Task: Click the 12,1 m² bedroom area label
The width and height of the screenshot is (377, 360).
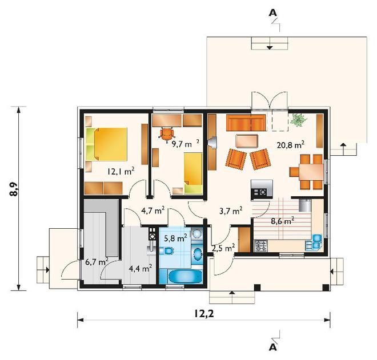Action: coord(121,172)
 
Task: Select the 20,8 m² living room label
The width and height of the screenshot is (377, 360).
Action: coord(290,145)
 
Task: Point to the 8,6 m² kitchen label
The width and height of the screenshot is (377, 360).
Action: coord(283,221)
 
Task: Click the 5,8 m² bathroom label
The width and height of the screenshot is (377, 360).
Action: coord(175,238)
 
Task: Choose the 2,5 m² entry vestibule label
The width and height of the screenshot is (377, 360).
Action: coord(223,248)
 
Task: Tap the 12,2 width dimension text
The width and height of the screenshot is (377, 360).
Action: coord(204,314)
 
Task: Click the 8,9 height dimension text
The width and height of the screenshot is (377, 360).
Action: coord(14,189)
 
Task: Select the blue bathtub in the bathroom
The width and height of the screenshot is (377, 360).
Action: coord(185,277)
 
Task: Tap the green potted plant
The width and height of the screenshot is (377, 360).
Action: coord(298,119)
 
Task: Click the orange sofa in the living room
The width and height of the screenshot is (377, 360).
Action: coord(246,123)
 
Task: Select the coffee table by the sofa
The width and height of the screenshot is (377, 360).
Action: coord(247,141)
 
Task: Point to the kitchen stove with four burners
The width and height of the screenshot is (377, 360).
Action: coord(261,246)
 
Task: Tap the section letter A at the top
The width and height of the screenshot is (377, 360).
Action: coord(272,13)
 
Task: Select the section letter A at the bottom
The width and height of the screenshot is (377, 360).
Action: coord(272,347)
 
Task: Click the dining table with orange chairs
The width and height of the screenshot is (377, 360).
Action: coord(311,172)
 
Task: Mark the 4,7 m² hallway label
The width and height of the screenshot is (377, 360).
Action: coord(153,211)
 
